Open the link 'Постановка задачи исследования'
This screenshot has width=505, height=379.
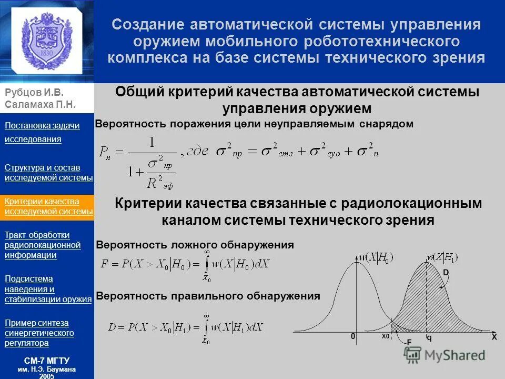(42, 132)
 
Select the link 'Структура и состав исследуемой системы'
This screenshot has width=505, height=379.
(48, 173)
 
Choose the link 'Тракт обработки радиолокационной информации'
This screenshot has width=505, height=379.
(43, 245)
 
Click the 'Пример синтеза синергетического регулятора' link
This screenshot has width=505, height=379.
(39, 333)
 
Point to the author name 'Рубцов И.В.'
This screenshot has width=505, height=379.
(31, 93)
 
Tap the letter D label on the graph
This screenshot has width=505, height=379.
(446, 273)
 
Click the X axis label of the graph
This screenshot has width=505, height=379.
(493, 337)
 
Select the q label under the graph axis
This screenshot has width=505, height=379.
(429, 338)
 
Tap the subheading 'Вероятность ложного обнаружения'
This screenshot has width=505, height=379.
(195, 245)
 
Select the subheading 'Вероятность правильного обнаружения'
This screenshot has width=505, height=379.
(208, 296)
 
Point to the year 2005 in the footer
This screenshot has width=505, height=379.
(47, 376)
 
